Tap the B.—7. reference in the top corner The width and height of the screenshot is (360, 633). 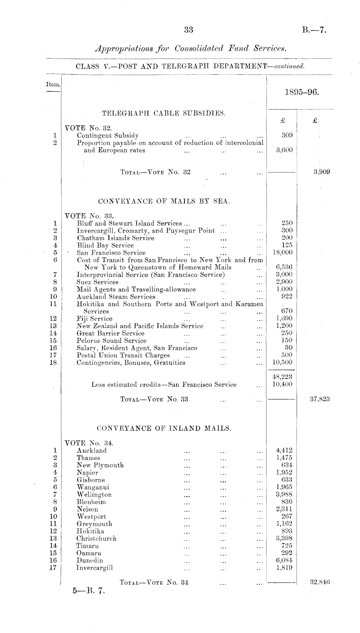(x=314, y=30)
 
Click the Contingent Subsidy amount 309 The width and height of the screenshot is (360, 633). (x=287, y=135)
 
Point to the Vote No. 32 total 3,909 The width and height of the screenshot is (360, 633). (x=322, y=172)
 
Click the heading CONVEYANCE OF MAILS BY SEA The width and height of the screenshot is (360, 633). (x=164, y=201)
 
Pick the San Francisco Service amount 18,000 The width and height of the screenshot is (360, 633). (x=283, y=252)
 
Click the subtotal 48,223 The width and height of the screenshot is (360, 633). (x=282, y=377)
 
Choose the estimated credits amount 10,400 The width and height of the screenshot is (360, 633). (x=282, y=384)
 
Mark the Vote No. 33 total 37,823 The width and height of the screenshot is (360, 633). (x=320, y=399)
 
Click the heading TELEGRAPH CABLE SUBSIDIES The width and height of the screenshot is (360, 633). (x=164, y=113)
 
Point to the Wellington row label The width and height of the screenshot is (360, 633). (x=94, y=495)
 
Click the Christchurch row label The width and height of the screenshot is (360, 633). (x=96, y=539)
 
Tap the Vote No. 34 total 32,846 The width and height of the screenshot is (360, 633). (x=320, y=583)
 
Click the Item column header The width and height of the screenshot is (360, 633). (x=53, y=85)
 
